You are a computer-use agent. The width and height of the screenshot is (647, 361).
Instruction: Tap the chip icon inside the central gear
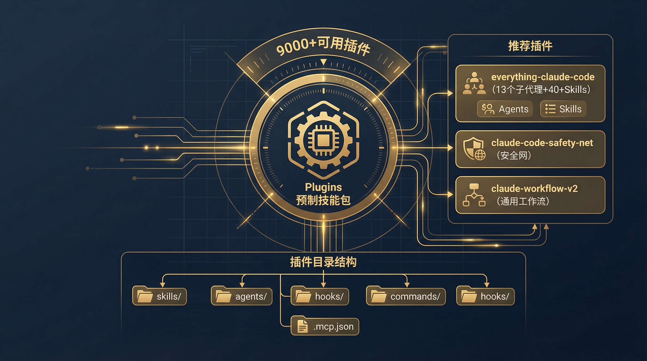tap(323, 140)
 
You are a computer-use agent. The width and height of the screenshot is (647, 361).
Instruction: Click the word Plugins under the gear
tap(323, 187)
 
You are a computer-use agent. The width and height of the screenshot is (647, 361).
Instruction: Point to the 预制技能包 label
tap(323, 200)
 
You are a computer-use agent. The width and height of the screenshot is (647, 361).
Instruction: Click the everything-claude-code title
tap(543, 77)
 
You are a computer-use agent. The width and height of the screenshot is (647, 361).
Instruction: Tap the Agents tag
tap(505, 109)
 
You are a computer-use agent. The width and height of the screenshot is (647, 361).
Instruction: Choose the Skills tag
tap(563, 109)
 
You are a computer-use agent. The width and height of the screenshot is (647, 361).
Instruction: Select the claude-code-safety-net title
tap(542, 143)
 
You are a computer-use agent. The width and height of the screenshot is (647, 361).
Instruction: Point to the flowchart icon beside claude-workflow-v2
tap(474, 195)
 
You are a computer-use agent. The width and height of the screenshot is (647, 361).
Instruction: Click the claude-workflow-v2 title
tap(534, 188)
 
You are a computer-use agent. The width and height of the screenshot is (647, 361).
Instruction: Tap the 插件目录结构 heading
tap(323, 262)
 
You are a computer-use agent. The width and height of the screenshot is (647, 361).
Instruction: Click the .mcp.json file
tap(325, 327)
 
